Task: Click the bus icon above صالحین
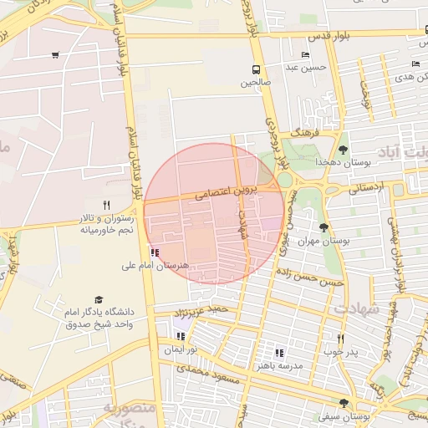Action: pyautogui.click(x=255, y=69)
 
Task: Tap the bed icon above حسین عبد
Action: pyautogui.click(x=305, y=55)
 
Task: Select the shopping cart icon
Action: pyautogui.click(x=55, y=55)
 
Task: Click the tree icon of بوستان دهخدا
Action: pyautogui.click(x=343, y=149)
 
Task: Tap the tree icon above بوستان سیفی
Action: pyautogui.click(x=344, y=403)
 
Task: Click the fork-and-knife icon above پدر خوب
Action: pyautogui.click(x=340, y=339)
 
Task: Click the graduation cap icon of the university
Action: pyautogui.click(x=99, y=299)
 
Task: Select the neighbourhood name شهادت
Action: pyautogui.click(x=357, y=308)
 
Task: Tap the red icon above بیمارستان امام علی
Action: pyautogui.click(x=155, y=252)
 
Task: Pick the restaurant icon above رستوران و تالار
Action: pyautogui.click(x=106, y=205)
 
